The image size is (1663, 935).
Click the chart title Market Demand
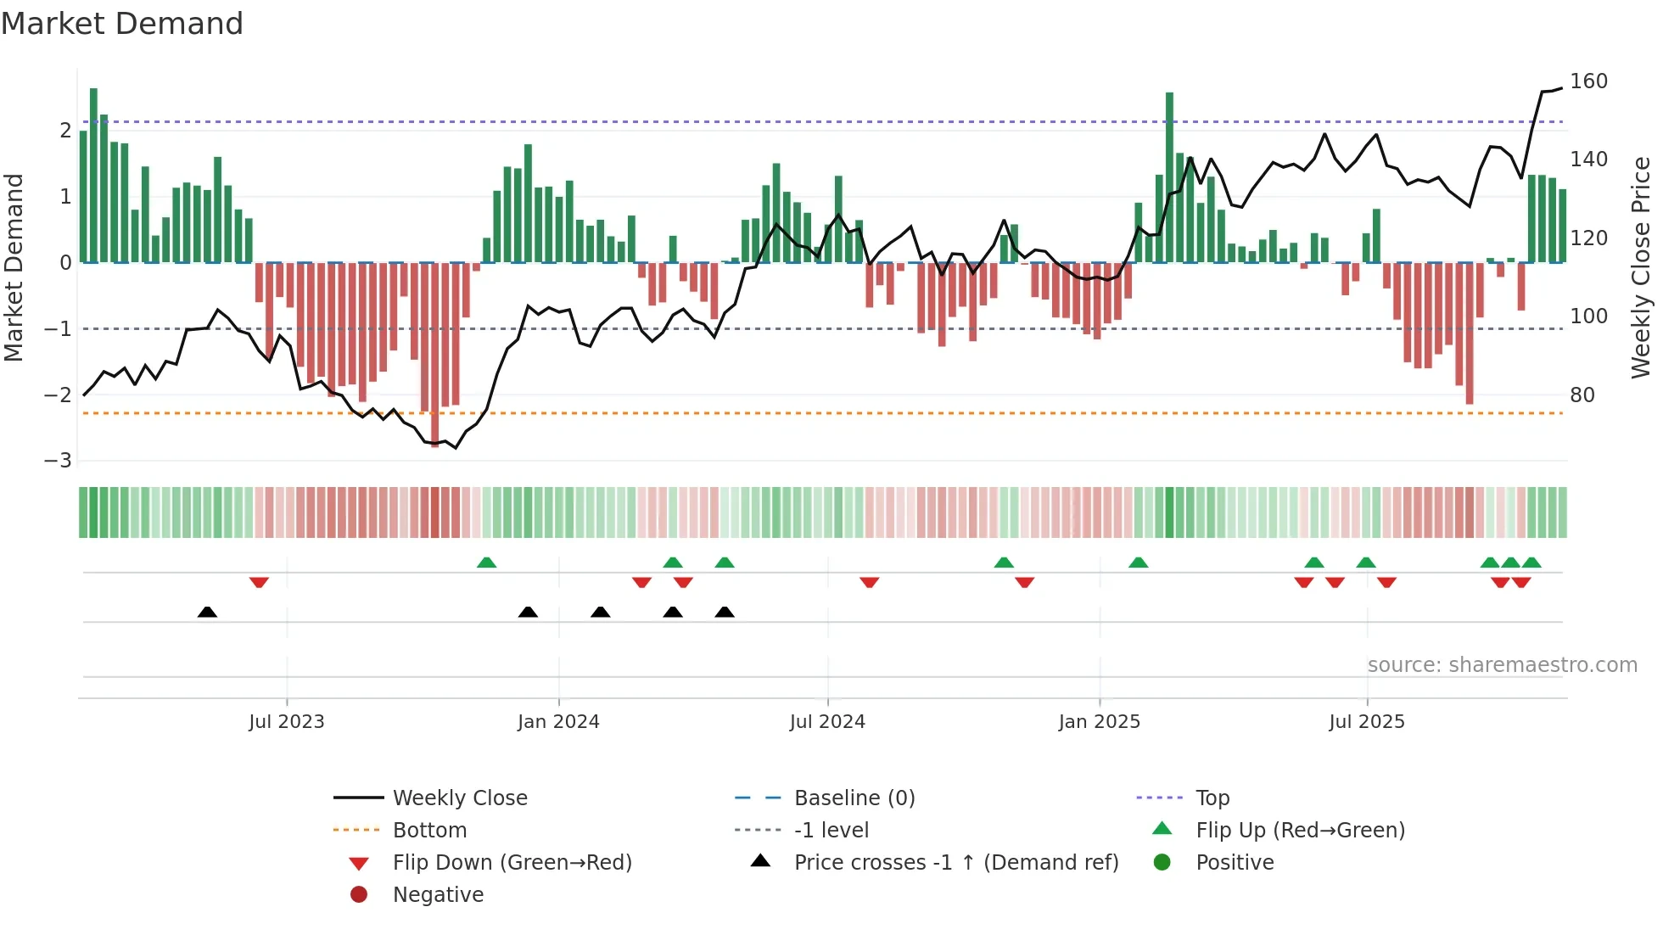(122, 24)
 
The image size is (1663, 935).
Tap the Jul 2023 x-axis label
(286, 721)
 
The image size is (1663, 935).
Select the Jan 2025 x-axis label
(1099, 721)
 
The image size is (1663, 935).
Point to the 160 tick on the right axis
(1588, 81)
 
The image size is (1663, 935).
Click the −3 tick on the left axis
(59, 461)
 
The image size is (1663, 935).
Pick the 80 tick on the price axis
(1582, 395)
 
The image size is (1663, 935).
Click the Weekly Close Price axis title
(1641, 267)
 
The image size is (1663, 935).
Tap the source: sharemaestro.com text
(1502, 665)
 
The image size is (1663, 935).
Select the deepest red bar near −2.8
(435, 354)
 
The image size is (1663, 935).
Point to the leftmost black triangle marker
(207, 612)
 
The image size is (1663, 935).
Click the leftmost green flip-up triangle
(486, 563)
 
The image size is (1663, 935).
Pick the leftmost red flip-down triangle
(259, 582)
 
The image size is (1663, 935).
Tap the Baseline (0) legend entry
(854, 798)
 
